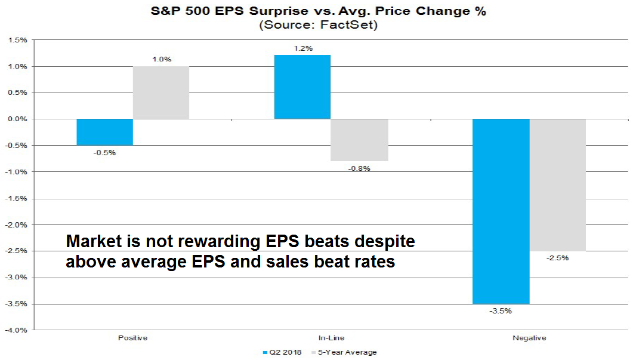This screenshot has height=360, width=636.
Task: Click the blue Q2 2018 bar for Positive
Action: point(104,132)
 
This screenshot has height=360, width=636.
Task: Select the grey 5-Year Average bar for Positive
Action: point(161,93)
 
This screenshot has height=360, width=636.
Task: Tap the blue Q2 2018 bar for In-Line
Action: point(302,87)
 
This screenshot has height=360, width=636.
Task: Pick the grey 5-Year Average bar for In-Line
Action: point(360,140)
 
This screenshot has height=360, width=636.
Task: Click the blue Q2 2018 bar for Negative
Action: point(501,211)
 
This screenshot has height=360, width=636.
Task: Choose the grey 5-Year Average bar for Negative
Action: point(558,184)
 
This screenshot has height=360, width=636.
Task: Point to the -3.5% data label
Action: point(501,310)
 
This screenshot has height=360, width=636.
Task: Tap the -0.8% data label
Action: point(360,168)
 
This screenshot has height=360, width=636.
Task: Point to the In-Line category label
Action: point(331,338)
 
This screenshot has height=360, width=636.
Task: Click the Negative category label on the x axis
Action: point(529,338)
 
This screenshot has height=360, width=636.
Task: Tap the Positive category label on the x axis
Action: point(132,338)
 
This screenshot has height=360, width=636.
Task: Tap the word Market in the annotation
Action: point(91,242)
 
